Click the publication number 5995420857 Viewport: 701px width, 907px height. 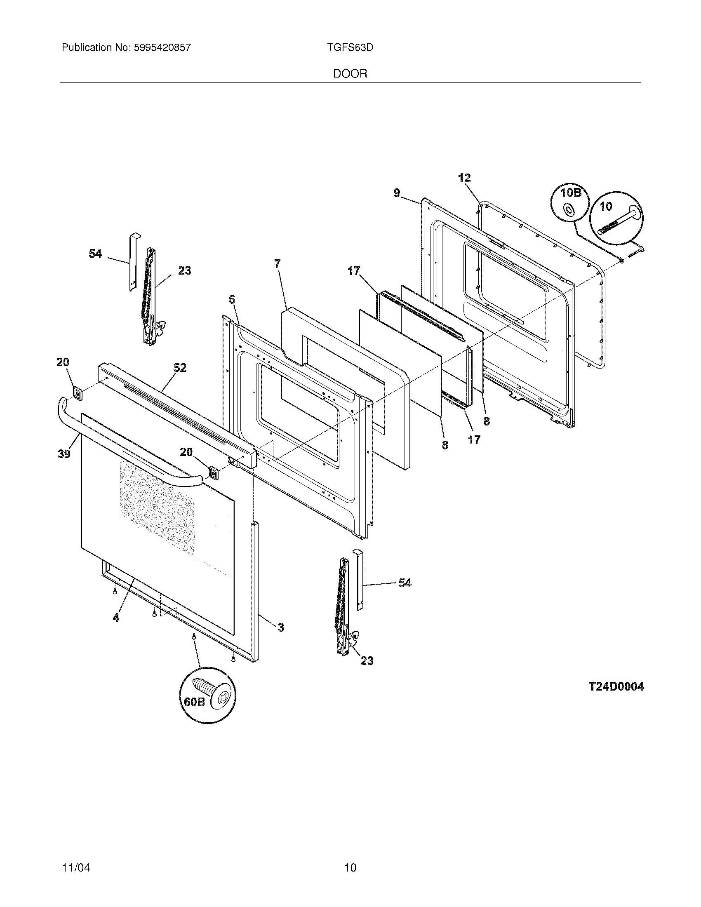tap(162, 48)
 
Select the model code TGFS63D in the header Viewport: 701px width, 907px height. tap(350, 48)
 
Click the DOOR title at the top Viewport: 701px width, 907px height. tap(350, 74)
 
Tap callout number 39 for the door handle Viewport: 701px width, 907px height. tap(64, 454)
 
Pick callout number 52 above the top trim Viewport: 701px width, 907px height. tap(180, 367)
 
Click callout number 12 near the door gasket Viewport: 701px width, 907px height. tap(464, 178)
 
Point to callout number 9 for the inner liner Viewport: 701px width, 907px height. tap(397, 193)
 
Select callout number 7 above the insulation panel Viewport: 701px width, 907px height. tap(278, 263)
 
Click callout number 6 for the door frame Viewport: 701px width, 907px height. tap(232, 299)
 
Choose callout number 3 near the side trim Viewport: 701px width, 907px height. tap(281, 627)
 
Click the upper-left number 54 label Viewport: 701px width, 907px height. tap(95, 253)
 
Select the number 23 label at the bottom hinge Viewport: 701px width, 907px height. tap(367, 660)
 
